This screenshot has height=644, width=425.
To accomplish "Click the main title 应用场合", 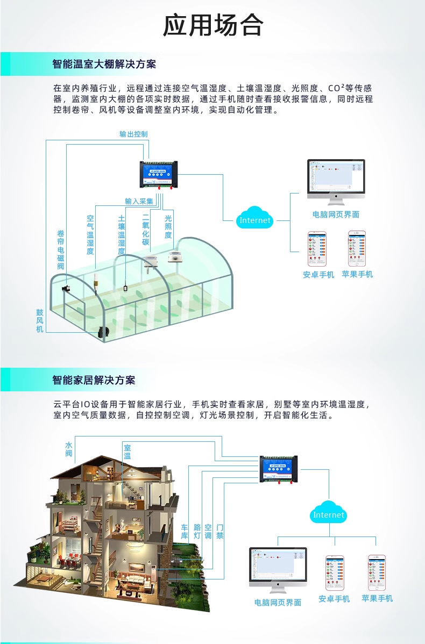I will coord(213,25).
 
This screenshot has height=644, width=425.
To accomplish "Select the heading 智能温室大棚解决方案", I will coord(104,64).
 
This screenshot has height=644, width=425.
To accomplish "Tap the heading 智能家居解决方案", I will coord(94,380).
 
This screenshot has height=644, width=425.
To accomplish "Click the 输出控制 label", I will coord(133,134).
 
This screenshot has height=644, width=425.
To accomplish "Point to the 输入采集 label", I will coord(139,201).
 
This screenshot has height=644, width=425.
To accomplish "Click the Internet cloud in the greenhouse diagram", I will coord(255,219).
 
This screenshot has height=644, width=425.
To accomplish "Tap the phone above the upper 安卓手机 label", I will coord(317,248).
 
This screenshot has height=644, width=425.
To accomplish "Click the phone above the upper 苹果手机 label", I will coord(357,248).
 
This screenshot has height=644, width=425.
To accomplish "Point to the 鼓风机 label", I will coord(40,320).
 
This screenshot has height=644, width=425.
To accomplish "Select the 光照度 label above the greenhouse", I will coord(168,227).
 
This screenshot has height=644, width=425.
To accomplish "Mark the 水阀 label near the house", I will coord(69,449).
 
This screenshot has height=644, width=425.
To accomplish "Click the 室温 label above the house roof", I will coord(127,452).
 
